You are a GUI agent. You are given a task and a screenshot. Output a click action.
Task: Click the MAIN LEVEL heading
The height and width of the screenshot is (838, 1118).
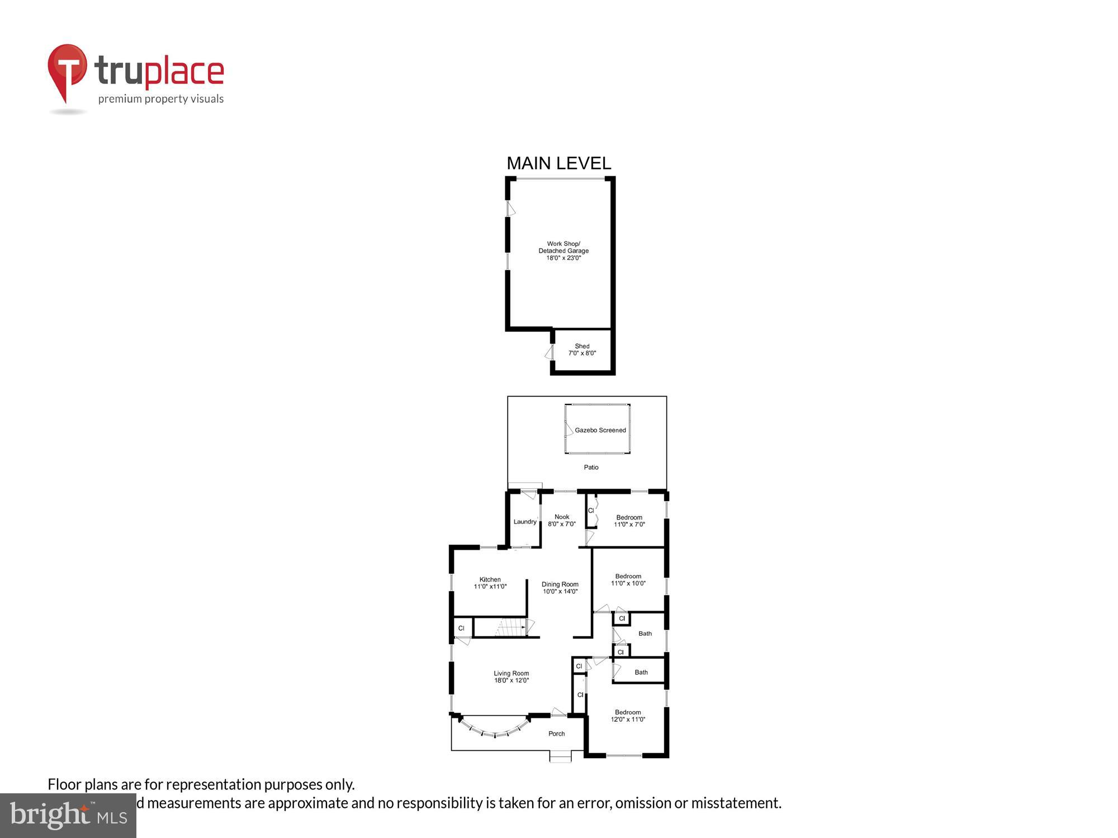[558, 163]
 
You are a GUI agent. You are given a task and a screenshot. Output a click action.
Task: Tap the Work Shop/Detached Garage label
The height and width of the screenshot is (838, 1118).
[563, 251]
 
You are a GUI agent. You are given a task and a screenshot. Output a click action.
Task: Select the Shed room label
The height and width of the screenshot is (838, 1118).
[582, 350]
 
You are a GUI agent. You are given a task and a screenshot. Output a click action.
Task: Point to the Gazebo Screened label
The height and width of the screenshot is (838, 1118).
[600, 430]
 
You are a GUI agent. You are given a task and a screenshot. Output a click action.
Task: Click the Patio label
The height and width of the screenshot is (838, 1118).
[591, 467]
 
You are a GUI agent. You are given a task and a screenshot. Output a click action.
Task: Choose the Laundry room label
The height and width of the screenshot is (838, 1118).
[525, 522]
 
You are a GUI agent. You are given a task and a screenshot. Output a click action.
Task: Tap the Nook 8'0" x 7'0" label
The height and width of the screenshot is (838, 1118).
[562, 521]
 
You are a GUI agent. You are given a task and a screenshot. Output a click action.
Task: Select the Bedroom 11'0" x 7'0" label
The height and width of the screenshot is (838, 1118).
[629, 521]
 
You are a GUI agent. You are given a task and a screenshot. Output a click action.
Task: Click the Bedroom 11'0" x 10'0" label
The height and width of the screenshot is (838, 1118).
[628, 580]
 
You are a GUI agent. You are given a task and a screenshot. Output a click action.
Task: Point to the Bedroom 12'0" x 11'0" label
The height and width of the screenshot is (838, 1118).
[628, 716]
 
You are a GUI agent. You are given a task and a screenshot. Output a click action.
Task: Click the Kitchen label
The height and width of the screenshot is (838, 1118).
[490, 583]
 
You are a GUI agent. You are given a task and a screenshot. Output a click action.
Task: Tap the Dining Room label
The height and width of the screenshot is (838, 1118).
[560, 588]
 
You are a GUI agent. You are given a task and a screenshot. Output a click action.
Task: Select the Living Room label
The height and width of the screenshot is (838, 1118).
[511, 677]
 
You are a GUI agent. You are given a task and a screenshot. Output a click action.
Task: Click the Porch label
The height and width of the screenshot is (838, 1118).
[556, 734]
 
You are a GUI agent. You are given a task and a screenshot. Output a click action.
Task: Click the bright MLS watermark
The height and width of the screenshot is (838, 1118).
[68, 816]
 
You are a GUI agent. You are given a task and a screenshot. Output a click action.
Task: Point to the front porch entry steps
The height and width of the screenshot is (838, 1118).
[560, 756]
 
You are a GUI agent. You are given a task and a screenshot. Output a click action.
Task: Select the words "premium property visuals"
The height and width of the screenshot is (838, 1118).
[161, 99]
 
